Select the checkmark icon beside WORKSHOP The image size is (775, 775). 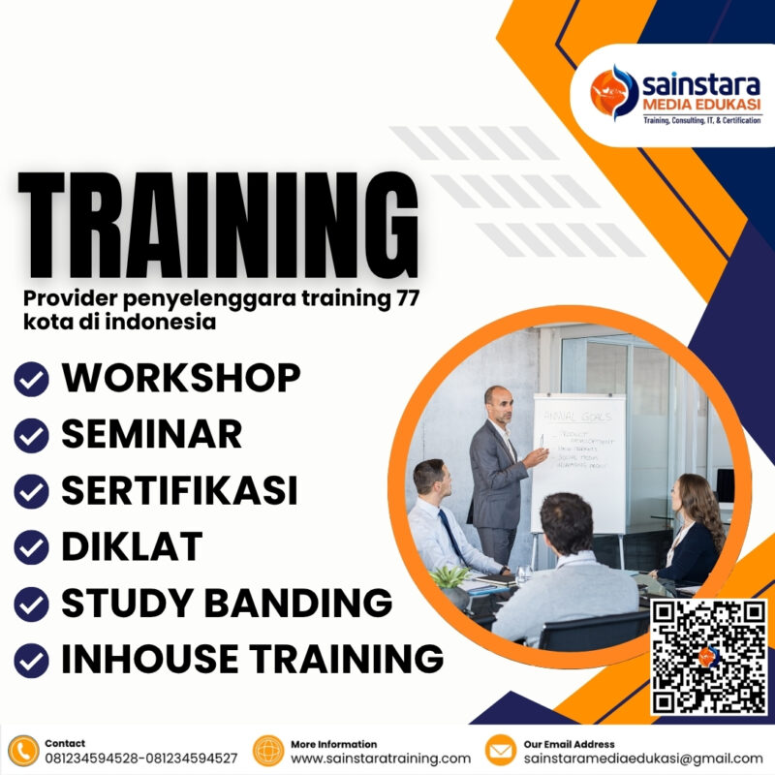(x=32, y=380)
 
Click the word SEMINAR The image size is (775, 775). (x=152, y=435)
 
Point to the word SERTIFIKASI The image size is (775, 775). (x=179, y=491)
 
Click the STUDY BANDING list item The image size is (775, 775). (x=227, y=604)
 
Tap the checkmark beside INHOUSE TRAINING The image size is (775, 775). (x=32, y=661)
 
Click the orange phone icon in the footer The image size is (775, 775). (x=22, y=751)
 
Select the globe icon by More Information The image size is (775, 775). (x=268, y=751)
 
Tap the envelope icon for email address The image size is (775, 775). (x=500, y=751)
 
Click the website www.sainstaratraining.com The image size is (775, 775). (x=381, y=758)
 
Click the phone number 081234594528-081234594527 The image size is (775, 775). (x=140, y=758)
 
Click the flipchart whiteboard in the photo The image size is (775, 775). (x=578, y=460)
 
